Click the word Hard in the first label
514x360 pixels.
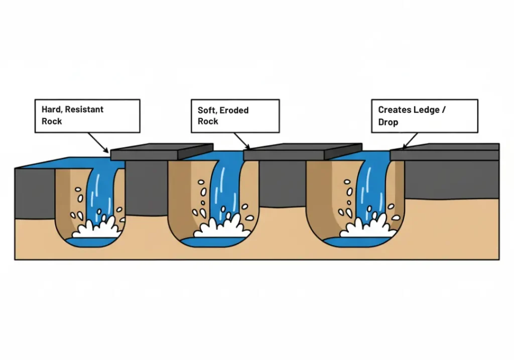pos(51,109)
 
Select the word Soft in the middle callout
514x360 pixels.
pos(207,110)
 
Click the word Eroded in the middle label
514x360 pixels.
pos(234,110)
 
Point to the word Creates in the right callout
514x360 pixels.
pos(394,110)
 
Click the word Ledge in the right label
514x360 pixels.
pos(426,110)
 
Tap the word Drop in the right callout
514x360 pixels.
pos(388,122)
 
